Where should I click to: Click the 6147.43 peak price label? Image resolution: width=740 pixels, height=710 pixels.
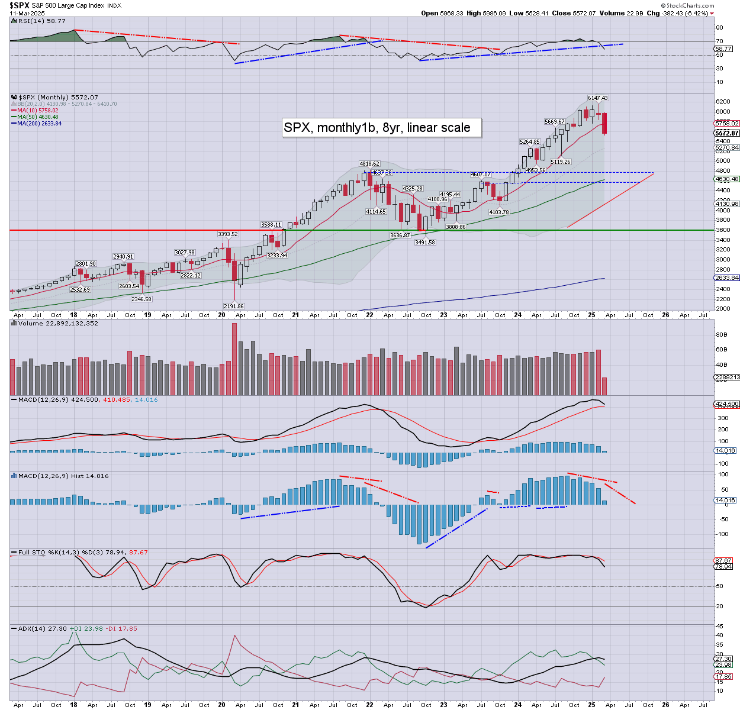click(597, 98)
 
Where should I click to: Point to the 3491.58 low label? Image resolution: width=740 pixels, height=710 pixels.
click(425, 242)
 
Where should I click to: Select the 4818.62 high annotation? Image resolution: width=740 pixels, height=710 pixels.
click(369, 164)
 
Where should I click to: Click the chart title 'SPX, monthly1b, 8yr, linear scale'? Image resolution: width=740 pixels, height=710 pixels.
click(377, 127)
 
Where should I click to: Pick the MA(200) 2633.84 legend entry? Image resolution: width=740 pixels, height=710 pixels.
click(39, 124)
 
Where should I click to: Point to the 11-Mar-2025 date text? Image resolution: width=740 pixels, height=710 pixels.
click(27, 13)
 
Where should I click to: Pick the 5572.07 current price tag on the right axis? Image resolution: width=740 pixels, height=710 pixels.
click(727, 133)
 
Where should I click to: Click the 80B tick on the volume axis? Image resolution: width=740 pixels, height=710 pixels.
click(721, 335)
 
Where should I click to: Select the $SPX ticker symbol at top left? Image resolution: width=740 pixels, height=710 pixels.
click(19, 5)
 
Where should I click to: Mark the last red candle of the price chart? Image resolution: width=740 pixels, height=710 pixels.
click(604, 124)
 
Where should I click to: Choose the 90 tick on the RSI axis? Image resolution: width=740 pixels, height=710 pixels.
click(719, 27)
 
